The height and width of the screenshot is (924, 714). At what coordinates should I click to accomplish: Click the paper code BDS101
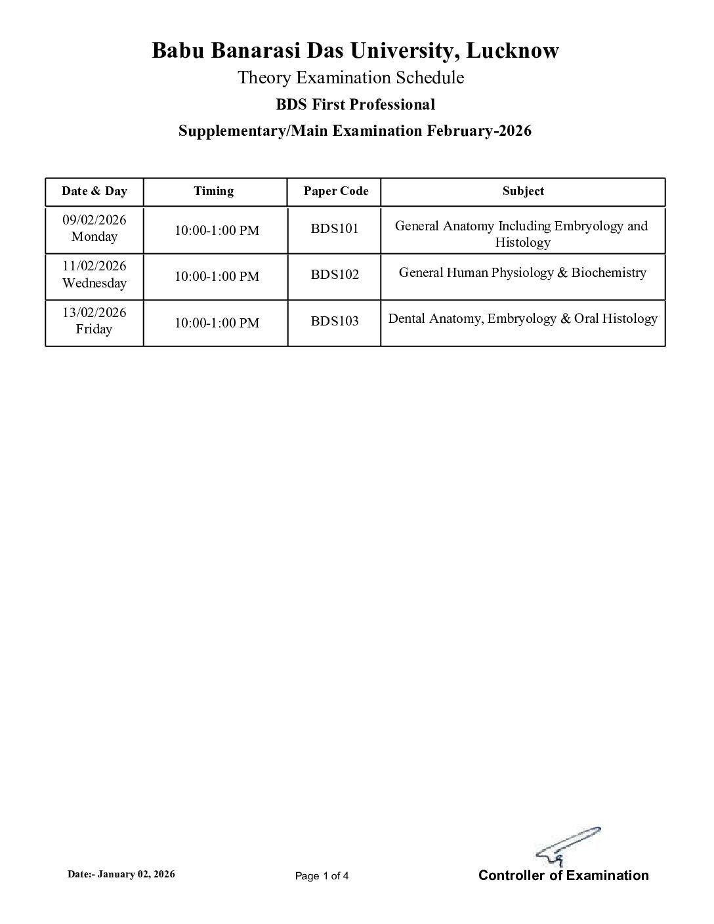pyautogui.click(x=335, y=230)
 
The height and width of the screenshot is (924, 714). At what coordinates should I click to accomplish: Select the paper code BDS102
pyautogui.click(x=335, y=274)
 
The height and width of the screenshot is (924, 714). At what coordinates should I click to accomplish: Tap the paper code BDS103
pyautogui.click(x=335, y=321)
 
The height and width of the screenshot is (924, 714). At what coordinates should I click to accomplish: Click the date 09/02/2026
pyautogui.click(x=94, y=220)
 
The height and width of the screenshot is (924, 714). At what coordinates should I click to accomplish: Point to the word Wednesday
pyautogui.click(x=94, y=283)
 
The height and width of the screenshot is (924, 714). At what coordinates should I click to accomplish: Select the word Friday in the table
pyautogui.click(x=94, y=329)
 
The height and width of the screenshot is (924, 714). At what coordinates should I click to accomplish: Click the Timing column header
pyautogui.click(x=213, y=191)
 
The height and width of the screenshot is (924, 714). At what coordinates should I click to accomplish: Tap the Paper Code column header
pyautogui.click(x=336, y=191)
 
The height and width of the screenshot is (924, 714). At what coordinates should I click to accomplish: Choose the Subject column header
pyautogui.click(x=523, y=191)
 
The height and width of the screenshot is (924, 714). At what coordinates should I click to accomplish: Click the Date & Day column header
pyautogui.click(x=94, y=191)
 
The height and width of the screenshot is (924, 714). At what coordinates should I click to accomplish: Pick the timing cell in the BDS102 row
pyautogui.click(x=217, y=276)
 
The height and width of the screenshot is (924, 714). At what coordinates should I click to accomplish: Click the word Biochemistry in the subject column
pyautogui.click(x=608, y=273)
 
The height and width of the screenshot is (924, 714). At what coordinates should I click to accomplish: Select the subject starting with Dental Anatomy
pyautogui.click(x=522, y=319)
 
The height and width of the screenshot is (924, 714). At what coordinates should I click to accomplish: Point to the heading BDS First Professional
pyautogui.click(x=355, y=104)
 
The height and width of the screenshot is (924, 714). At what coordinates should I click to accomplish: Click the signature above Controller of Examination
pyautogui.click(x=567, y=847)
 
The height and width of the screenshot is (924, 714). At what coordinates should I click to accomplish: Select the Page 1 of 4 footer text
pyautogui.click(x=322, y=875)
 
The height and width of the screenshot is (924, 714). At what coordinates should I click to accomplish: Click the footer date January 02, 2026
pyautogui.click(x=136, y=874)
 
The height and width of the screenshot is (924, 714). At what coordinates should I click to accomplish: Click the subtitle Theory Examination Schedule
pyautogui.click(x=350, y=77)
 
